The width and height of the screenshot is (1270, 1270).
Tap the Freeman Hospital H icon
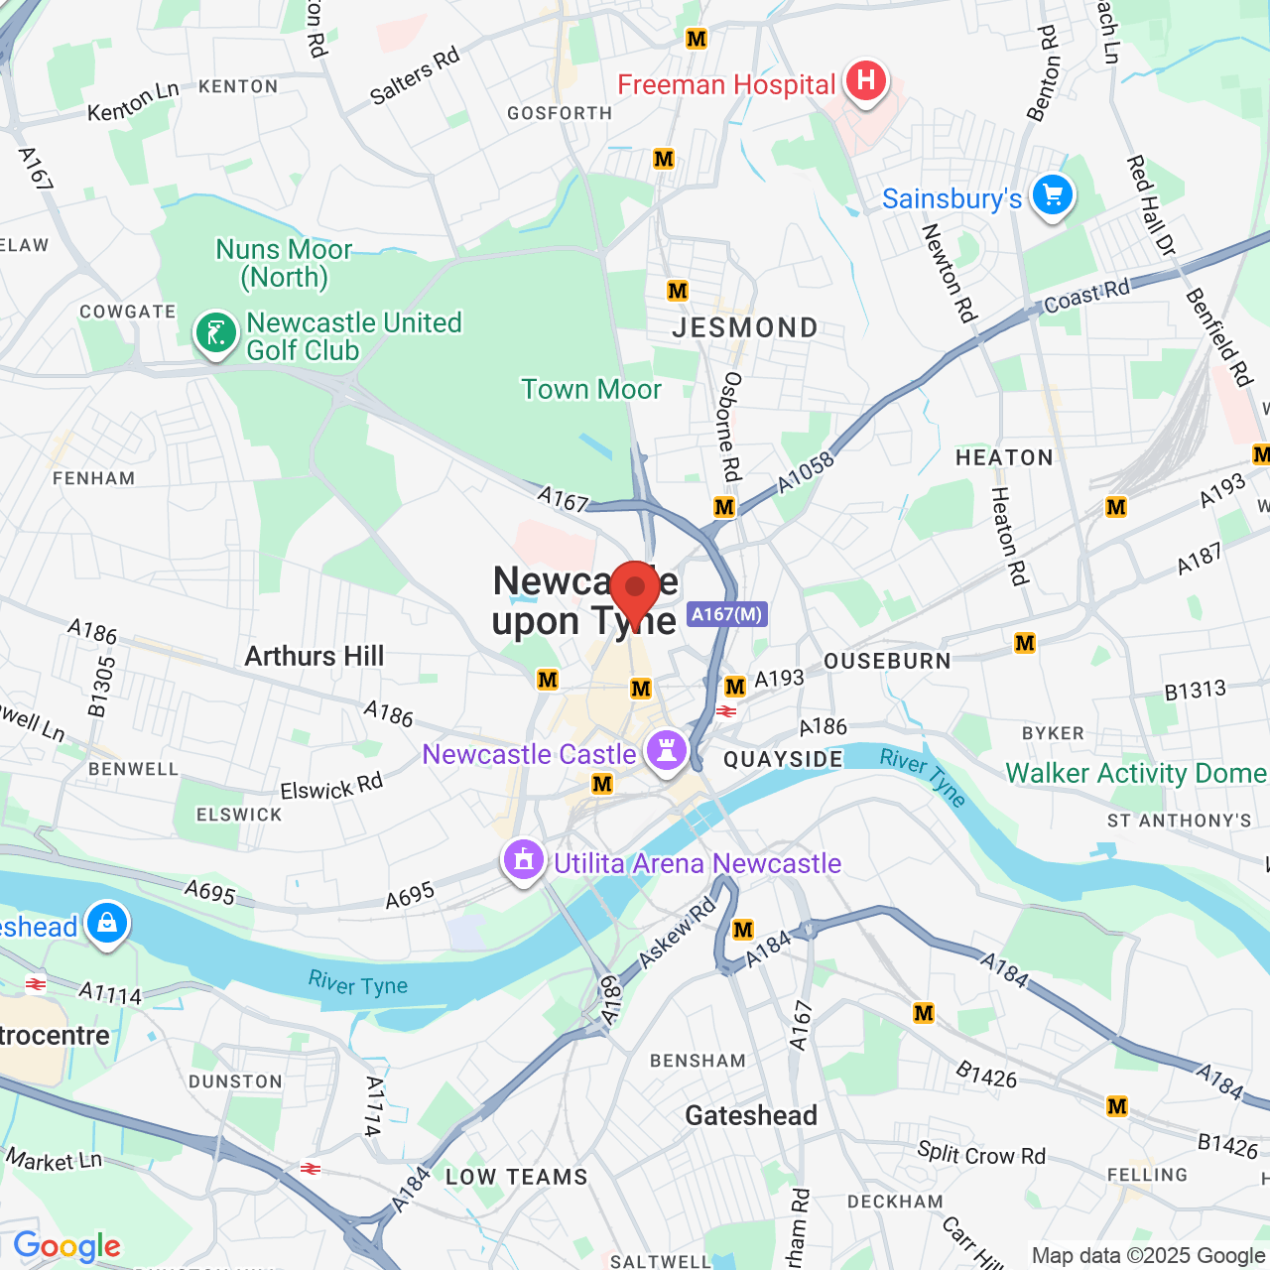pos(865,80)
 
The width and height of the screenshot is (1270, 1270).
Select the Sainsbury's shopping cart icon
pos(1052,195)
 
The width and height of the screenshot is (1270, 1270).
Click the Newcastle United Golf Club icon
pos(215,333)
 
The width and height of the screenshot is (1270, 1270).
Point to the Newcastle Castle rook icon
pos(666,751)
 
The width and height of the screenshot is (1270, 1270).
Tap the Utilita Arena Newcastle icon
pos(524,860)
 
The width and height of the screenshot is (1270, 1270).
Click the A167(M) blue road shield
pos(727,614)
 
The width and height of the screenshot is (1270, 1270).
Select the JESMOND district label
pos(745,327)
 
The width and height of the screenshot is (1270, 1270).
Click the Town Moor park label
pos(591,389)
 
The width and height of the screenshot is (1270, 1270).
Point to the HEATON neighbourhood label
pos(1004,457)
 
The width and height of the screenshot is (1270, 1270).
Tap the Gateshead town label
pos(751,1115)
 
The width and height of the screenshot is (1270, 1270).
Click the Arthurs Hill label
pos(314,656)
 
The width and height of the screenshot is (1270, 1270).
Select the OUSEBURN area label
pos(887,661)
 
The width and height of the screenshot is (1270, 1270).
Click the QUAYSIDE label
pos(783,759)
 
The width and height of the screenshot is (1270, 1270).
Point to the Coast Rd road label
pos(1086,295)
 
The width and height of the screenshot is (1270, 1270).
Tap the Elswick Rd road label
pos(331,789)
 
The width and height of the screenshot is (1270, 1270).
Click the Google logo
pos(66,1246)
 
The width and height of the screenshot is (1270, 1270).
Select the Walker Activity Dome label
pos(1136,773)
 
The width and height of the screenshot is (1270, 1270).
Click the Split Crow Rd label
pos(981,1154)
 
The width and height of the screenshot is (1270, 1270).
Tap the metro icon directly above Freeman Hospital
pos(697,39)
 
